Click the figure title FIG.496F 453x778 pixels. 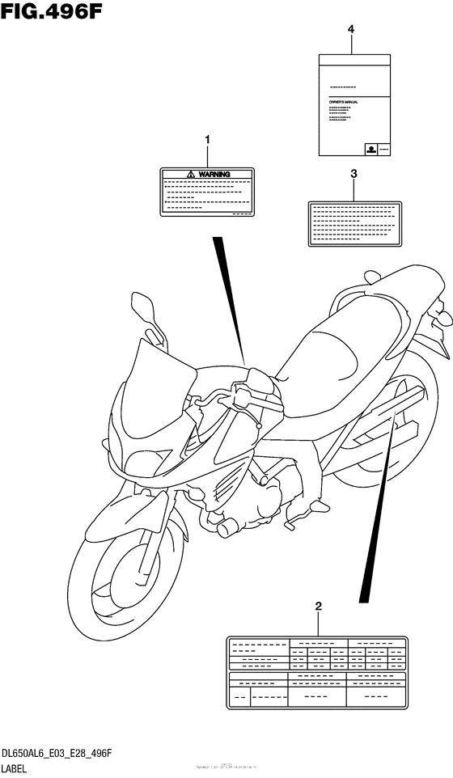pos(51,12)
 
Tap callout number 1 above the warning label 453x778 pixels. pos(207,140)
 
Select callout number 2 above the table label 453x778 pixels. pos(319,606)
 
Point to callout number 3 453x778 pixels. pos(354,173)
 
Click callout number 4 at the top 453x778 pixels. pos(351,29)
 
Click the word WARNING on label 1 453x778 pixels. pos(214,174)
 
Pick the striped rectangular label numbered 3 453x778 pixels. pos(353,223)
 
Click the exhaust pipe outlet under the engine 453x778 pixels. pos(224,528)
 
